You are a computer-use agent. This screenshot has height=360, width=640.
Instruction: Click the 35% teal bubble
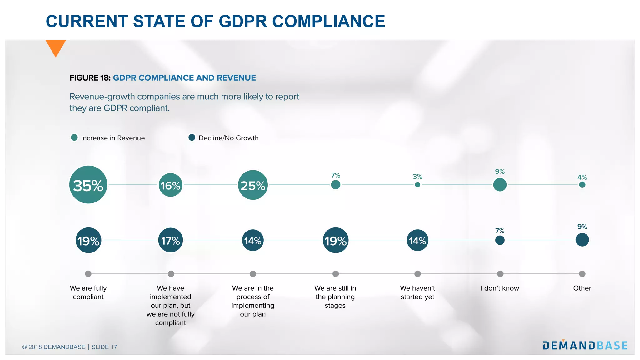point(88,185)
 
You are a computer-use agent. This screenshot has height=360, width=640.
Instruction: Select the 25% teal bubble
point(253,185)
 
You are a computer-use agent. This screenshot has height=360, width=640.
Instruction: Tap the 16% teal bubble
point(170,185)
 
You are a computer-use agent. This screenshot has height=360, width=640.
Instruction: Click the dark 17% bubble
point(170,240)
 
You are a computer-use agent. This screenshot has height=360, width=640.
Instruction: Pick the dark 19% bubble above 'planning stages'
point(335,240)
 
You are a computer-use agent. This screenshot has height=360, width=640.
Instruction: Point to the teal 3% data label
point(417,177)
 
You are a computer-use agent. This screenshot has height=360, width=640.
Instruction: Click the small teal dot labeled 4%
point(582,185)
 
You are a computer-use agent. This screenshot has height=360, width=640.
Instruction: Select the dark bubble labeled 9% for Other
point(582,240)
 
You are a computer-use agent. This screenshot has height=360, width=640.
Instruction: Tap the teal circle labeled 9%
point(500,185)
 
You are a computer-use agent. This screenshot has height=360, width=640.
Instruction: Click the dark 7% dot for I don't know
point(500,240)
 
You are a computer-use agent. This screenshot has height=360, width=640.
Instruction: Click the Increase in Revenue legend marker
point(74,137)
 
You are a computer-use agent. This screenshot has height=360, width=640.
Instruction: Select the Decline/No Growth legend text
point(228,138)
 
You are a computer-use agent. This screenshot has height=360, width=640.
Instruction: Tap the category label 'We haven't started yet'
point(417,292)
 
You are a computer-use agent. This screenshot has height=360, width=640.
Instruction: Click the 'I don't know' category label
point(500,288)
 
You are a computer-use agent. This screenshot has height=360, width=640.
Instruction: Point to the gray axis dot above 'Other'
point(582,274)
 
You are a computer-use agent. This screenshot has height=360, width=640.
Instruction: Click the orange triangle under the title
point(56,47)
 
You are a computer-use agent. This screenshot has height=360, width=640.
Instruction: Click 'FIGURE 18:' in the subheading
point(90,78)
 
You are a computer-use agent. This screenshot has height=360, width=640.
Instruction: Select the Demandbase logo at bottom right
point(585,345)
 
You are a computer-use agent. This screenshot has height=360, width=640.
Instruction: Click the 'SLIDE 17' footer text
point(104,347)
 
